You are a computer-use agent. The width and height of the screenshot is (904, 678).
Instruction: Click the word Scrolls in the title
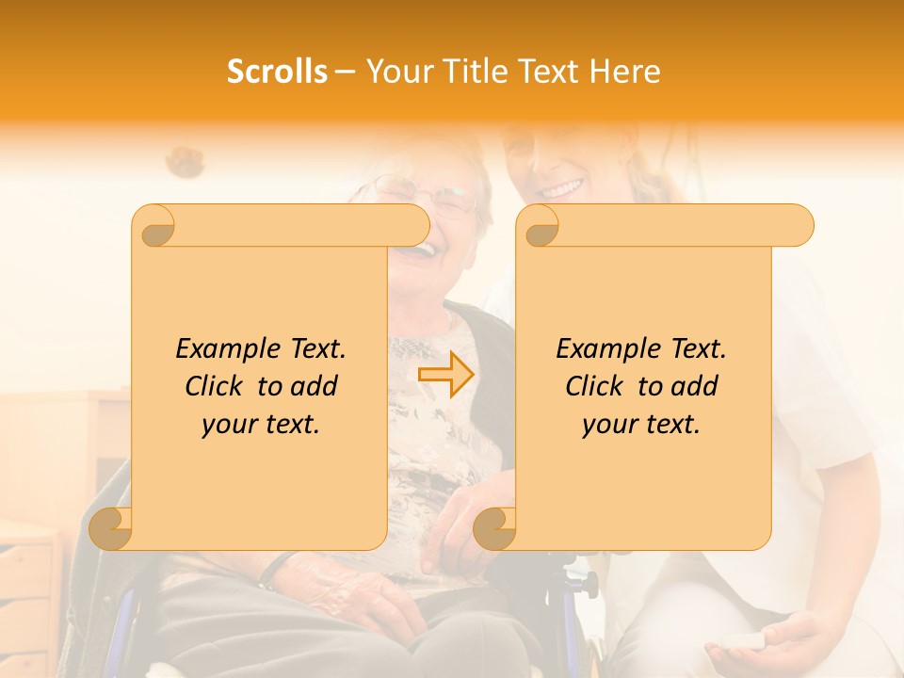(278, 72)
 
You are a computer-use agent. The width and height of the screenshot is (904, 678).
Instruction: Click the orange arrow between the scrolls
(445, 375)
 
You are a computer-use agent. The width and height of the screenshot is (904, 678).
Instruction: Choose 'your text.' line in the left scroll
(261, 425)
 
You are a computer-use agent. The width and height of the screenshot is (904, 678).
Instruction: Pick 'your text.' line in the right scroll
(641, 425)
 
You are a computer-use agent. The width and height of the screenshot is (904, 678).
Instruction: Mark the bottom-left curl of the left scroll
(112, 527)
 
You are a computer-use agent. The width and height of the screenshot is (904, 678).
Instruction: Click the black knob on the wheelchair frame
(589, 584)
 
